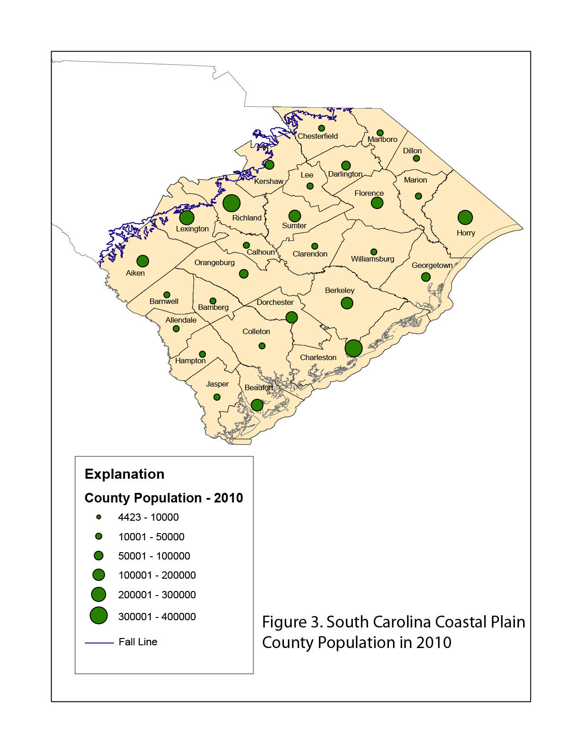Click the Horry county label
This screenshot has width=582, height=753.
pyautogui.click(x=466, y=233)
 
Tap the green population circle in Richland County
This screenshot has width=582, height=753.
pyautogui.click(x=231, y=203)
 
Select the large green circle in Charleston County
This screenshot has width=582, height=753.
pyautogui.click(x=353, y=348)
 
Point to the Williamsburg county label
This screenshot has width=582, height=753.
pyautogui.click(x=372, y=259)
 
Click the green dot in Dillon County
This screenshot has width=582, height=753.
pyautogui.click(x=416, y=158)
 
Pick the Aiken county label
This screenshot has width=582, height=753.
pyautogui.click(x=135, y=273)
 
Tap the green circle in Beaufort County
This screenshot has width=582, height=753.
pyautogui.click(x=257, y=405)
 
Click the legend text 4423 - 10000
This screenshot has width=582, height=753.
pyautogui.click(x=148, y=517)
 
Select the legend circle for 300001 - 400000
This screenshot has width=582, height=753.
pyautogui.click(x=99, y=616)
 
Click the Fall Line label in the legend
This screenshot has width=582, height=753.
pyautogui.click(x=138, y=642)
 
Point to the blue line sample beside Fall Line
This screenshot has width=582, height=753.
pyautogui.click(x=99, y=643)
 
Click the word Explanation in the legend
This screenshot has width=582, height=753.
pyautogui.click(x=125, y=474)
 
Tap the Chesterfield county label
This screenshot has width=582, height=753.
pyautogui.click(x=318, y=136)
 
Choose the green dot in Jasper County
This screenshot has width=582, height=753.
pyautogui.click(x=217, y=397)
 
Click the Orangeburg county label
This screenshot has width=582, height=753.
pyautogui.click(x=215, y=262)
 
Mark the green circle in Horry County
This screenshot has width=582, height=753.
pyautogui.click(x=465, y=217)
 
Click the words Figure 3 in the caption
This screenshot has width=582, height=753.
pyautogui.click(x=292, y=622)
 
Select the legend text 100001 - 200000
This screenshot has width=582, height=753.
pyautogui.click(x=157, y=575)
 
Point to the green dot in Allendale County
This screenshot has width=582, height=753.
pyautogui.click(x=176, y=329)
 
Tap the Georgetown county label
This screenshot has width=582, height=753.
pyautogui.click(x=432, y=265)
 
